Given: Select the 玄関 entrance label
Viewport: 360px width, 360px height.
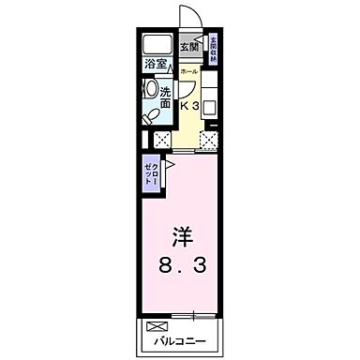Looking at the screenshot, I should [188, 47].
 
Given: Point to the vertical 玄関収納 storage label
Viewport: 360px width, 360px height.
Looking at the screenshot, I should [214, 48].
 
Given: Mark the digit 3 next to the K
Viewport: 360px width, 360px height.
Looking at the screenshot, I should [196, 106].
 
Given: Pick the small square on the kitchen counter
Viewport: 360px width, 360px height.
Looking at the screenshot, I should [208, 105].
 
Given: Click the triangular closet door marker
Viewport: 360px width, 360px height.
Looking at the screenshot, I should [159, 165].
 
